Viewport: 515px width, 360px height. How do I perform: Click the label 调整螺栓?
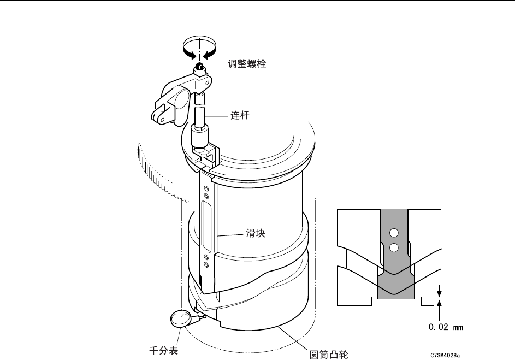click(247, 64)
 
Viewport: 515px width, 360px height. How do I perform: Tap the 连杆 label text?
click(240, 116)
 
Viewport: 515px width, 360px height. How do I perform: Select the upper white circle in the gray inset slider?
click(392, 234)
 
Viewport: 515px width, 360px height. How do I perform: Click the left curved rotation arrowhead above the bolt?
click(190, 53)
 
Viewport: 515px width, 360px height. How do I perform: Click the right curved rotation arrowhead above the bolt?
click(210, 53)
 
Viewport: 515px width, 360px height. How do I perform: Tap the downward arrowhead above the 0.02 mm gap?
click(439, 292)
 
